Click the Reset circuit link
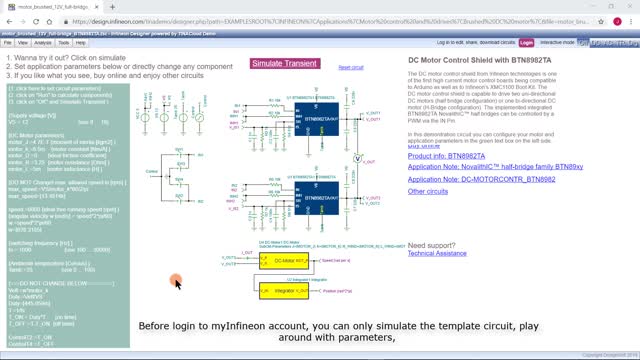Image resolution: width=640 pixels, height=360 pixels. [351, 67]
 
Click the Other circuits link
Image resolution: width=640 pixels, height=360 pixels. [428, 190]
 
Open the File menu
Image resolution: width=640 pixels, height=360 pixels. [9, 43]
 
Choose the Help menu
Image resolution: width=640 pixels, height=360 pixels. [81, 43]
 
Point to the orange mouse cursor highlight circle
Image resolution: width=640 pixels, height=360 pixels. [175, 283]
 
